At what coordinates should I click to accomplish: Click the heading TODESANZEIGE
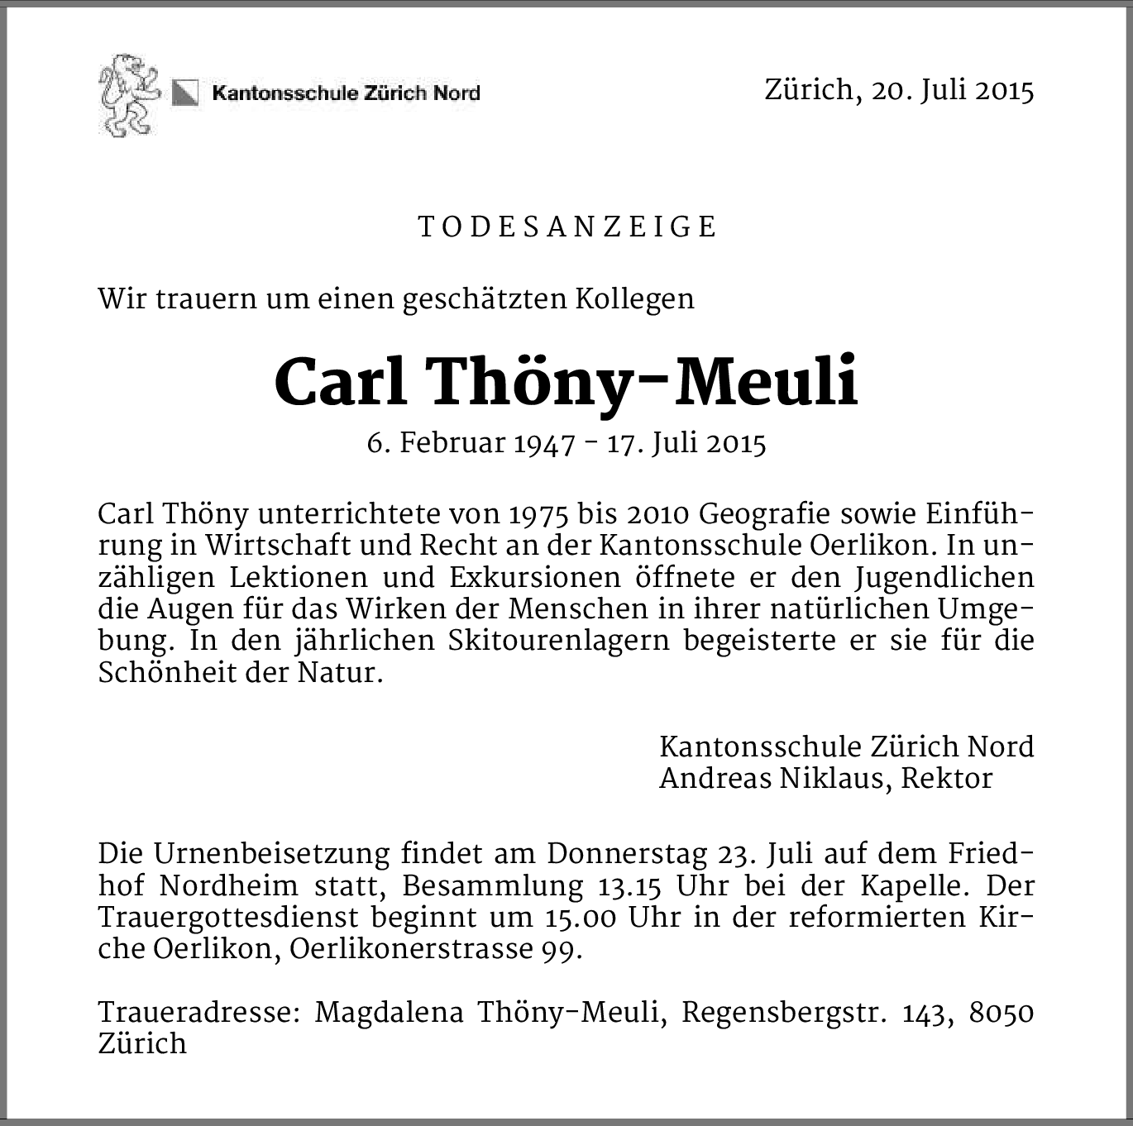pyautogui.click(x=567, y=227)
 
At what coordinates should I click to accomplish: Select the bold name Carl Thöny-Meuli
pyautogui.click(x=566, y=383)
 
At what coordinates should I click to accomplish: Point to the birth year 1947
pyautogui.click(x=544, y=445)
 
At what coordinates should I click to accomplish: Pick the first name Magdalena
pyautogui.click(x=389, y=1012)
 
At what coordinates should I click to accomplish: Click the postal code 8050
pyautogui.click(x=1001, y=1012)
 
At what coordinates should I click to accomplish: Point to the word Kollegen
pyautogui.click(x=634, y=298)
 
